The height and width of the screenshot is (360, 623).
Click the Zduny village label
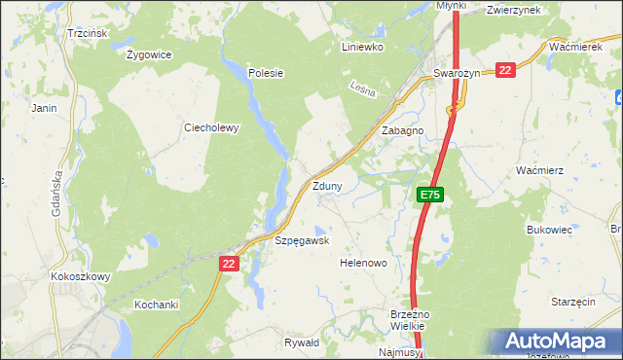326,186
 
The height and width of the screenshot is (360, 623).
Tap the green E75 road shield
430,196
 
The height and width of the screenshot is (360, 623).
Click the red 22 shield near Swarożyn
504,70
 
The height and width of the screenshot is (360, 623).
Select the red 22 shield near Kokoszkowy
229,263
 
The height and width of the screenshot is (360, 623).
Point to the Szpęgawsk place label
302,240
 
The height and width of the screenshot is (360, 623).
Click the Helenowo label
363,263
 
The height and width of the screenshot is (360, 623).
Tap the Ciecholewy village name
211,127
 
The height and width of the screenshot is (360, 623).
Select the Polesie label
265,73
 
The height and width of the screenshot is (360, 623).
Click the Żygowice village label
149,54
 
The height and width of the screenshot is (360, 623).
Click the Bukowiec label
546,230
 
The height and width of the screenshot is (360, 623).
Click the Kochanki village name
157,305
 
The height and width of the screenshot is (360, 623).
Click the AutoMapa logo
556,341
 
